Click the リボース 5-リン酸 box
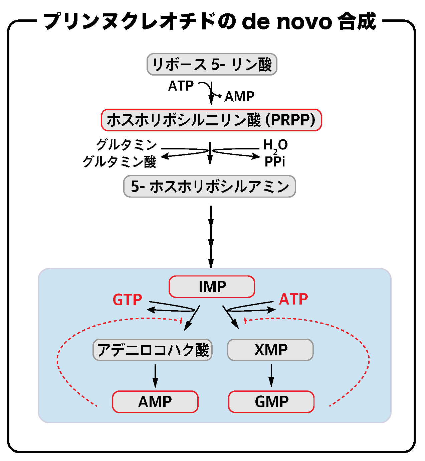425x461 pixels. (x=212, y=64)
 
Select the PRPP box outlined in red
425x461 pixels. (x=211, y=120)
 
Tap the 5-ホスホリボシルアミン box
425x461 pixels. (x=210, y=186)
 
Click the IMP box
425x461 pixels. (x=212, y=286)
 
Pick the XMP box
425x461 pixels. (x=270, y=350)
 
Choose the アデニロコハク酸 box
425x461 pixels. (x=153, y=350)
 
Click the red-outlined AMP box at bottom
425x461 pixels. (x=155, y=401)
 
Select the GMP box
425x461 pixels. (x=271, y=401)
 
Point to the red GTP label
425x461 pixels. (x=127, y=300)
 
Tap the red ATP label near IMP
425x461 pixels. (x=293, y=299)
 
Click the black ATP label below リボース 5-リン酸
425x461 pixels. (x=181, y=86)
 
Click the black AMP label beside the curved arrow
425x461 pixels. (x=239, y=97)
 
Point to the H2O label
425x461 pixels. (x=275, y=145)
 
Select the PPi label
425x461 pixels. (x=275, y=162)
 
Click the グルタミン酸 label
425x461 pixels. (x=120, y=162)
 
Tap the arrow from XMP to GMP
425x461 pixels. (x=271, y=375)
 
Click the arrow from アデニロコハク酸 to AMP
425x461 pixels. (x=155, y=375)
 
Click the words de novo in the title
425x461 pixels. (x=287, y=21)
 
